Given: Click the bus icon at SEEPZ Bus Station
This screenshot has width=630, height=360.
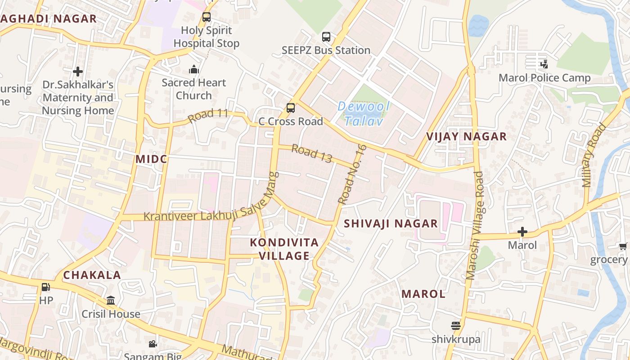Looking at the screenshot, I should pyautogui.click(x=326, y=37).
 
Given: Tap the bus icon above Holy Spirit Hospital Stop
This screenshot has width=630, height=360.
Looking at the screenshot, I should pyautogui.click(x=207, y=17).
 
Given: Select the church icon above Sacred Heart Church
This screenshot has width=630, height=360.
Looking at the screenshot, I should pyautogui.click(x=194, y=69).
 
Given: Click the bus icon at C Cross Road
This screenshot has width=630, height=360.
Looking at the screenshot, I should pyautogui.click(x=291, y=108).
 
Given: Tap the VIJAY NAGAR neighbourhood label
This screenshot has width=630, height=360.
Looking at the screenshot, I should pyautogui.click(x=466, y=136).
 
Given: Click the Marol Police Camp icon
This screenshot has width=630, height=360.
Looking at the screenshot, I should pyautogui.click(x=544, y=64).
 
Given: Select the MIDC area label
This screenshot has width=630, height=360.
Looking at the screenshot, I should pyautogui.click(x=151, y=159).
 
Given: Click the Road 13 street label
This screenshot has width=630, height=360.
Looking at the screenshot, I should pyautogui.click(x=311, y=153).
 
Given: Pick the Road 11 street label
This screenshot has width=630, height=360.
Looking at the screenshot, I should pyautogui.click(x=208, y=116).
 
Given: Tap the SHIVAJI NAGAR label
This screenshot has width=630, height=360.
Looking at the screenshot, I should pyautogui.click(x=391, y=224).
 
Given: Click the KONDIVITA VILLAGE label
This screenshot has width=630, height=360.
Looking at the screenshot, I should pyautogui.click(x=284, y=249).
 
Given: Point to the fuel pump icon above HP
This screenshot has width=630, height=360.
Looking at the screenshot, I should pyautogui.click(x=45, y=287).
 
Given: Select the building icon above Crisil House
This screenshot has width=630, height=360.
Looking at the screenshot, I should pyautogui.click(x=111, y=300).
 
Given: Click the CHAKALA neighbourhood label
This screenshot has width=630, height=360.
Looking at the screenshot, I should pyautogui.click(x=92, y=275).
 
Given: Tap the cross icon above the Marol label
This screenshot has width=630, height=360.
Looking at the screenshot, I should pyautogui.click(x=522, y=232).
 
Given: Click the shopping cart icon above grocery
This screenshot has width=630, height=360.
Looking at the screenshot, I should pyautogui.click(x=623, y=246).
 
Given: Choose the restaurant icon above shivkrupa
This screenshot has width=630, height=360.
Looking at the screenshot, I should pyautogui.click(x=456, y=325).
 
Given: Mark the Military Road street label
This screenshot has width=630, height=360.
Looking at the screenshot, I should pyautogui.click(x=593, y=155).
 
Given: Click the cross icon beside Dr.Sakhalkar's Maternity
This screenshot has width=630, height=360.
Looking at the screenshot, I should pyautogui.click(x=78, y=71).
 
